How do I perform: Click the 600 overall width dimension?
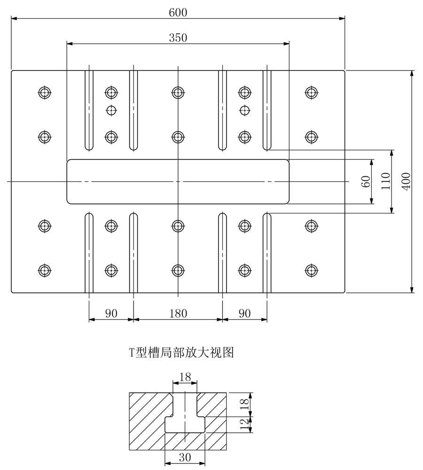tap(178, 13)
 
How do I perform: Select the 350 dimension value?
tap(178, 38)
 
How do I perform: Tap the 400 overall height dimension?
tap(407, 181)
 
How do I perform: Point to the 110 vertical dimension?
tap(386, 181)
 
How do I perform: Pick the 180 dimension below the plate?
tap(178, 313)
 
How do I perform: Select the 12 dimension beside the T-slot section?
tap(243, 425)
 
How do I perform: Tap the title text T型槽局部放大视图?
tap(181, 352)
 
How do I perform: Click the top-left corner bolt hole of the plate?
tap(44, 92)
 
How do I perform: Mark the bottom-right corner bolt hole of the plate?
tap(310, 270)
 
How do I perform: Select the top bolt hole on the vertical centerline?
tap(178, 92)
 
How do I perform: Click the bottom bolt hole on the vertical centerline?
tap(178, 270)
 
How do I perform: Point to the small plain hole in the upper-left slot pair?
tap(111, 110)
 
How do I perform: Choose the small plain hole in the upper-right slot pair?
tap(243, 110)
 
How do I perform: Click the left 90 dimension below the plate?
tap(111, 313)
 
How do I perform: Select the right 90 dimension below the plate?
tap(244, 313)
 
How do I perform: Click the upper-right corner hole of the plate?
tap(310, 92)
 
